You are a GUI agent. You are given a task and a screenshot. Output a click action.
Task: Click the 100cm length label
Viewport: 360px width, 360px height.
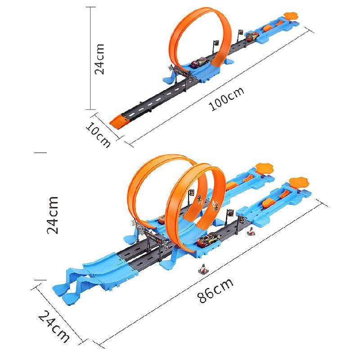click(228, 98)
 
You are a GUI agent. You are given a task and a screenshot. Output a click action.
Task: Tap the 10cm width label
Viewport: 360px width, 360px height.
click(99, 134)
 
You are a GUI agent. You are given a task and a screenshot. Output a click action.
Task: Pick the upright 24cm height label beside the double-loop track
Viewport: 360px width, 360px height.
click(53, 215)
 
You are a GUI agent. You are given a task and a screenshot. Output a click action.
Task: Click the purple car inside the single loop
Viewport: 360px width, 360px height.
click(198, 63)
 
